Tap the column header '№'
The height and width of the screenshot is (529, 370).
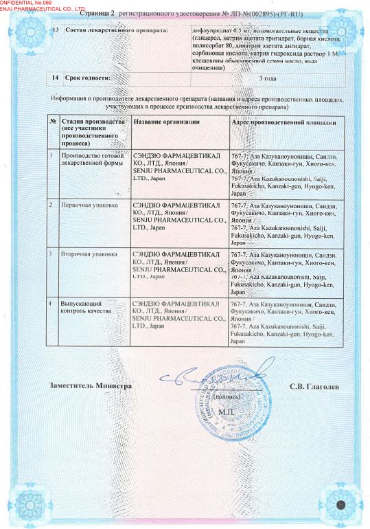click(52, 122)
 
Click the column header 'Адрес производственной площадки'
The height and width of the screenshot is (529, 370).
click(284, 122)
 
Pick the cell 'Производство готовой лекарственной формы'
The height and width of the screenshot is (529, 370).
click(94, 160)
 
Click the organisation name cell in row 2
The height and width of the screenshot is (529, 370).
click(179, 216)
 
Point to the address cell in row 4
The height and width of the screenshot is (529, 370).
click(284, 322)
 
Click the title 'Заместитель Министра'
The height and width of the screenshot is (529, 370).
click(90, 386)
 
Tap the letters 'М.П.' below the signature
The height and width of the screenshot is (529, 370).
click(227, 411)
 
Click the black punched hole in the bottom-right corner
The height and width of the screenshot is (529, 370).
click(340, 506)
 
